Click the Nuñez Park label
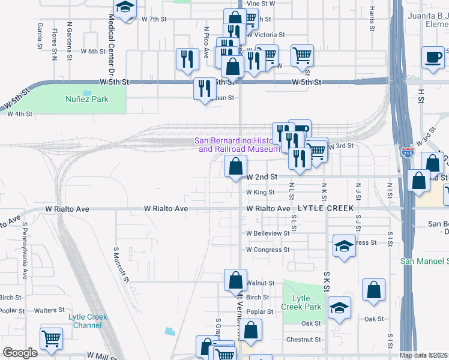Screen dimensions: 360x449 pos(86,98)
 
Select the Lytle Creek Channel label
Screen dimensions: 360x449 pos(88,321)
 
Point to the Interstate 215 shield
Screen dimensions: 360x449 pos(408,152)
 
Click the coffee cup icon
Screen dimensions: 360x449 pos(432,57)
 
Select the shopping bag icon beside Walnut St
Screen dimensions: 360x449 pos(235,279)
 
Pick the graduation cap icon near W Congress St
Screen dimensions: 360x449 pos(344,245)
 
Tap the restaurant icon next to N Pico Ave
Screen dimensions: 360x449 pos(187,58)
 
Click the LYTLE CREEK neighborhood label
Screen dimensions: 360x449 pos(325,209)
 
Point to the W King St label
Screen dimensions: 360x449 pos(260,193)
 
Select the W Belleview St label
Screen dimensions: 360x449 pos(268,233)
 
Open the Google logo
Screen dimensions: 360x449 pos(20,353)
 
